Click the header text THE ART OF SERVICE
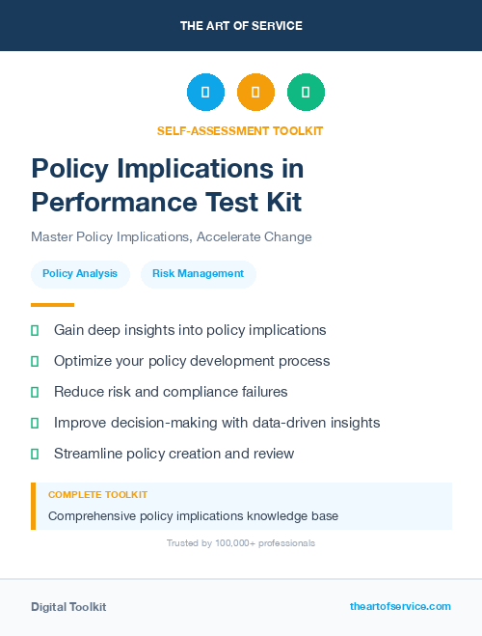click(x=241, y=26)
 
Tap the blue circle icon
click(x=205, y=93)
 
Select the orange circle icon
click(x=255, y=93)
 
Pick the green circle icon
click(x=306, y=93)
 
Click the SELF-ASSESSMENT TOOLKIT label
click(x=240, y=130)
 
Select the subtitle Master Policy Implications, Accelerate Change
click(x=172, y=236)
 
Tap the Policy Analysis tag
click(x=80, y=274)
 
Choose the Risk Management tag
click(x=199, y=274)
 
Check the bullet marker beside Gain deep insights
click(x=35, y=330)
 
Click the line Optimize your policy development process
click(x=192, y=361)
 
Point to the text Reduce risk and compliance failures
click(x=171, y=392)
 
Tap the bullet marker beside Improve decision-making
click(x=35, y=423)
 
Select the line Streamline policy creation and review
click(x=174, y=454)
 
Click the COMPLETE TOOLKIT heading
click(x=97, y=494)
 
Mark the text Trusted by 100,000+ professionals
click(x=241, y=543)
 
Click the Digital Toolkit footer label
click(x=68, y=607)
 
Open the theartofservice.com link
click(x=400, y=606)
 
